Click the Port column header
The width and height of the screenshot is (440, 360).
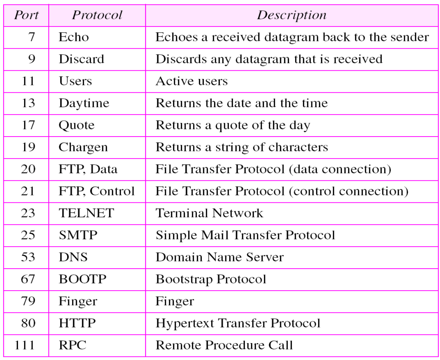(x=26, y=15)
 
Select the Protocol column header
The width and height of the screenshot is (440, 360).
(x=97, y=15)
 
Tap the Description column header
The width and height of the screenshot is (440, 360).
(x=291, y=15)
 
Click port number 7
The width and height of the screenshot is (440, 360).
(x=31, y=37)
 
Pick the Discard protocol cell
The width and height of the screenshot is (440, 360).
(x=81, y=59)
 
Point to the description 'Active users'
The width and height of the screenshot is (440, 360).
(x=192, y=81)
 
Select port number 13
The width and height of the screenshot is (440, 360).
(x=28, y=103)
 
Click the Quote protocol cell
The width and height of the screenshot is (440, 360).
(x=77, y=125)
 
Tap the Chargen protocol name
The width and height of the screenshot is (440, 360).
(x=83, y=147)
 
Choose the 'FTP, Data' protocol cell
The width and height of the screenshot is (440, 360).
(x=88, y=169)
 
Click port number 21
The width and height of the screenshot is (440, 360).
(x=28, y=191)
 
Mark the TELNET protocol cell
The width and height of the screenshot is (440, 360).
(x=86, y=213)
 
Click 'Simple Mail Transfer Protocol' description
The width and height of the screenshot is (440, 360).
(x=245, y=235)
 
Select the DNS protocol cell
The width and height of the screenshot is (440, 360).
(x=73, y=257)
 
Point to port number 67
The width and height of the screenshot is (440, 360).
(x=28, y=279)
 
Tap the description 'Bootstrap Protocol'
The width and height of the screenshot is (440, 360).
(x=211, y=279)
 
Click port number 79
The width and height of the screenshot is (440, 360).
(x=28, y=301)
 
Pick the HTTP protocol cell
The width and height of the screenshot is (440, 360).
(x=77, y=323)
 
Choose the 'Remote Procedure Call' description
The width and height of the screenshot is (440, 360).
(x=224, y=345)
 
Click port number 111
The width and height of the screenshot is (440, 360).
(x=24, y=345)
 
